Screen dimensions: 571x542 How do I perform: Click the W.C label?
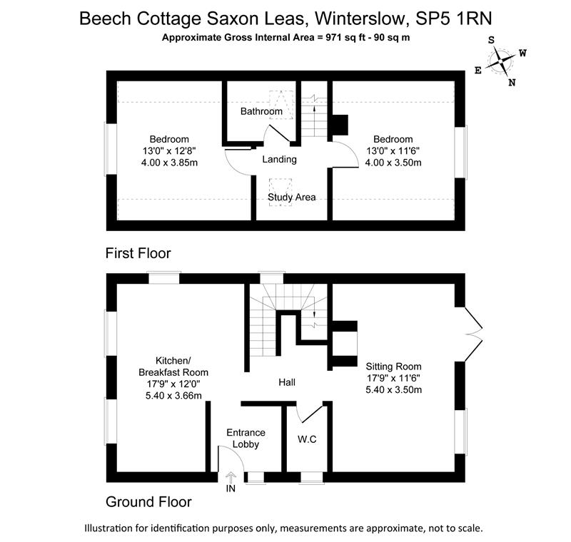[x=307, y=439]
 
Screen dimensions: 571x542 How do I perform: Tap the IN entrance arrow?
[x=231, y=476]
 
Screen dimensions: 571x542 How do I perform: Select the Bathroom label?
[x=261, y=111]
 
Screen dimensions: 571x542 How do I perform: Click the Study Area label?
[x=292, y=197]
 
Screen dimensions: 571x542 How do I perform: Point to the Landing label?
[x=279, y=159]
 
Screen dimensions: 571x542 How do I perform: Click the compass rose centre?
[x=501, y=61]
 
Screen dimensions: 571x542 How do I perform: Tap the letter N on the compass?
[x=512, y=83]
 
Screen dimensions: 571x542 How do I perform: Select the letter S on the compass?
[x=491, y=40]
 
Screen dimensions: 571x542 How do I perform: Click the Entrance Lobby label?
[x=246, y=439]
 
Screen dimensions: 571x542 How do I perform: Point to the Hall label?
[x=287, y=382]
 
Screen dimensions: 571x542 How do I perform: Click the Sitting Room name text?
[x=394, y=367]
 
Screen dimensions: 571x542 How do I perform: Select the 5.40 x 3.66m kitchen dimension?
[x=173, y=395]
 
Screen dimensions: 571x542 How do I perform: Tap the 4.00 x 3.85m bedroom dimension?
[x=169, y=162]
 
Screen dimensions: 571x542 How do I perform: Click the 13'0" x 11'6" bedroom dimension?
[x=393, y=150]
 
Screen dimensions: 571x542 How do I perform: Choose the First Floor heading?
[x=138, y=253]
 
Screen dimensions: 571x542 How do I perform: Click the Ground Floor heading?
[x=148, y=502]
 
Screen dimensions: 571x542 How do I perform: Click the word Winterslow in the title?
[x=360, y=19]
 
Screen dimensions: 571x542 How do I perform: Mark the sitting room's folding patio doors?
[x=473, y=334]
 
